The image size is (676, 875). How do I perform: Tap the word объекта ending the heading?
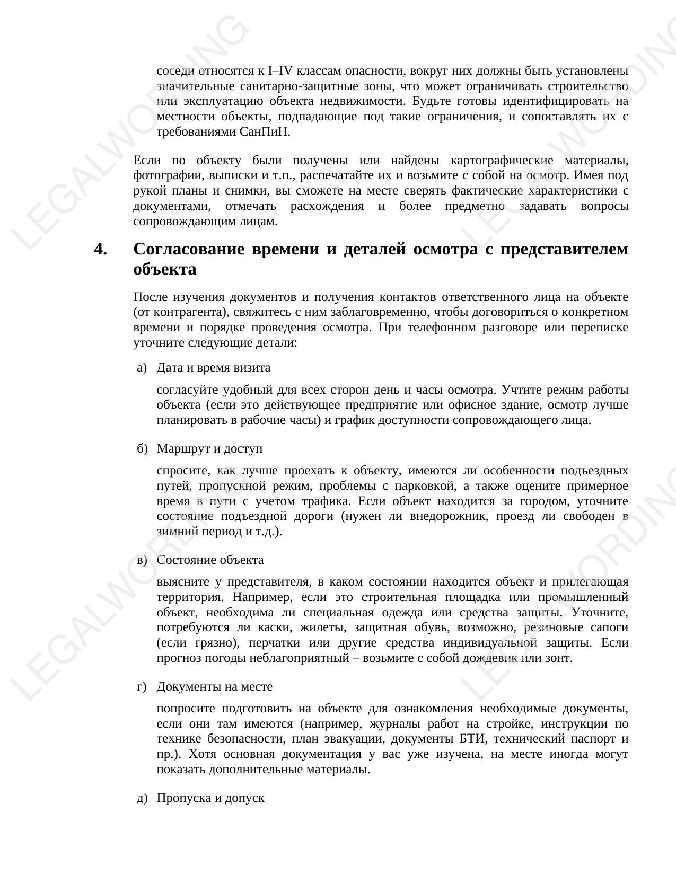(x=165, y=269)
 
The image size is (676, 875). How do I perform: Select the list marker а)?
(x=141, y=368)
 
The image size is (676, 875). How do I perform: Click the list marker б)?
(x=141, y=449)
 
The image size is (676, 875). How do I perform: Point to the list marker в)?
(x=141, y=560)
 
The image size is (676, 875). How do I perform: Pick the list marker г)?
(x=141, y=687)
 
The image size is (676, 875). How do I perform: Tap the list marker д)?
(x=142, y=798)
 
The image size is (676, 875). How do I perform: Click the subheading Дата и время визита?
(x=214, y=368)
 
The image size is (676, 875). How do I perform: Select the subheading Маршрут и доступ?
(x=209, y=449)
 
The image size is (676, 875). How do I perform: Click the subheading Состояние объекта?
(x=210, y=560)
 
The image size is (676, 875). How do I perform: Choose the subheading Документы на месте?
(x=215, y=687)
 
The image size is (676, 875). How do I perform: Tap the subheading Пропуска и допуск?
(x=210, y=798)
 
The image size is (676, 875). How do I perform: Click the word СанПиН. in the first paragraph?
(x=266, y=132)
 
